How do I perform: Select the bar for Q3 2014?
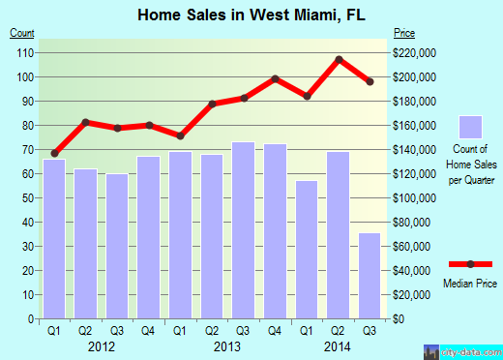[x=369, y=276]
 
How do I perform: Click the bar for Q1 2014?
[x=306, y=250]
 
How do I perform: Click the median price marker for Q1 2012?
[x=54, y=153]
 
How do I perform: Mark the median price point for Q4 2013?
[x=275, y=78]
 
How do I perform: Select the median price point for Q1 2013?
[x=180, y=135]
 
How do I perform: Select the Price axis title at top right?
[x=403, y=34]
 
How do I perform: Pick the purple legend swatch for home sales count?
[x=470, y=127]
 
